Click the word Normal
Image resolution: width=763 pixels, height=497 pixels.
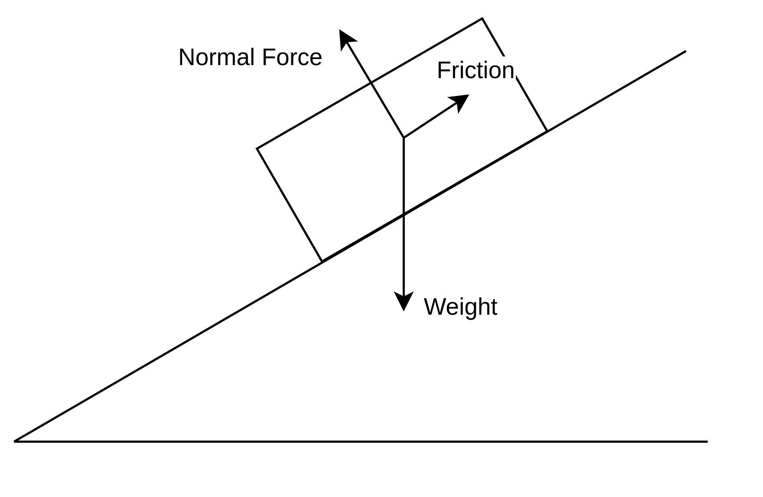(216, 57)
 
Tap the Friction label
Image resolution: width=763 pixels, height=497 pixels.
(475, 70)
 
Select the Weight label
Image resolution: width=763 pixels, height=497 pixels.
(460, 307)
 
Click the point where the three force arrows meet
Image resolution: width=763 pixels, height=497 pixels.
(404, 138)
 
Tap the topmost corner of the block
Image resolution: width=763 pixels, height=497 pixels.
(482, 19)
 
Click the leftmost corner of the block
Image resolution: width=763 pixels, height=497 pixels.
(257, 148)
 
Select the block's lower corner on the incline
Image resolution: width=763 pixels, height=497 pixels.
(322, 261)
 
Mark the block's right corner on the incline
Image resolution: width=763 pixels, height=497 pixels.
(547, 131)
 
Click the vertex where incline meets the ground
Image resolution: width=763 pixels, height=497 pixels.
(15, 441)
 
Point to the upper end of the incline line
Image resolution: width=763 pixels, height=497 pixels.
(685, 51)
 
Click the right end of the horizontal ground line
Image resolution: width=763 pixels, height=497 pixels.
(707, 441)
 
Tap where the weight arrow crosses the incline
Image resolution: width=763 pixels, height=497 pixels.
(404, 214)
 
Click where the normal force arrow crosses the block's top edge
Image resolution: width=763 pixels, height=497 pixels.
(371, 82)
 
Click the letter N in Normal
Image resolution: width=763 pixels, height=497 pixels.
(187, 57)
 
